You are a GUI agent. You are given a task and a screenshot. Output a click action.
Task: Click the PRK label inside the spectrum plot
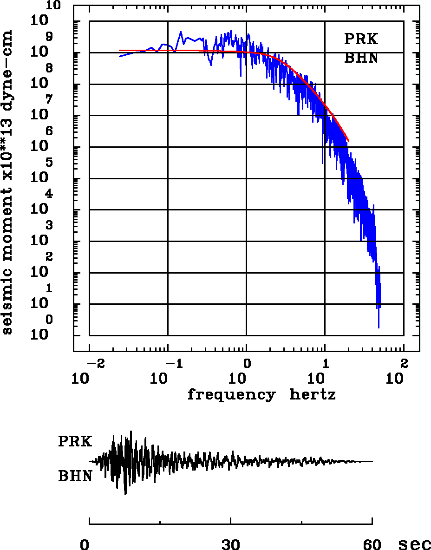361,39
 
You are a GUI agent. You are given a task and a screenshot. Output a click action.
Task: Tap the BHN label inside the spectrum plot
361,58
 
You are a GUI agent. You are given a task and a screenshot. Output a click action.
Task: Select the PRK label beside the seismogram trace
75,441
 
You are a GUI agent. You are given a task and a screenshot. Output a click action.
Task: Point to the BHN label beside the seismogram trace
75,476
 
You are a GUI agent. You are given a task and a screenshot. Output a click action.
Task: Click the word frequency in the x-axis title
231,395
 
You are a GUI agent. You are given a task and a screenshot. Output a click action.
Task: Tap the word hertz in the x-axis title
313,395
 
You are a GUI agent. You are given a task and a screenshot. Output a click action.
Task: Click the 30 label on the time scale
231,544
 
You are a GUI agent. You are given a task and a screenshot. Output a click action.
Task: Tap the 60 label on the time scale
372,544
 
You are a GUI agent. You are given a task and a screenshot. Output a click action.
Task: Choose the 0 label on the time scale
85,544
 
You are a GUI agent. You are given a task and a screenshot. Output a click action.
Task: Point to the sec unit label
415,544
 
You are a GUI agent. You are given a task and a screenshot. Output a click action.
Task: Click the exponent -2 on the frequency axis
93,363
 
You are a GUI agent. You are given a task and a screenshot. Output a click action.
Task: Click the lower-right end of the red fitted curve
348,141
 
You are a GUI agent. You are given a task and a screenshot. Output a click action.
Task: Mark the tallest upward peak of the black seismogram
131,432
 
